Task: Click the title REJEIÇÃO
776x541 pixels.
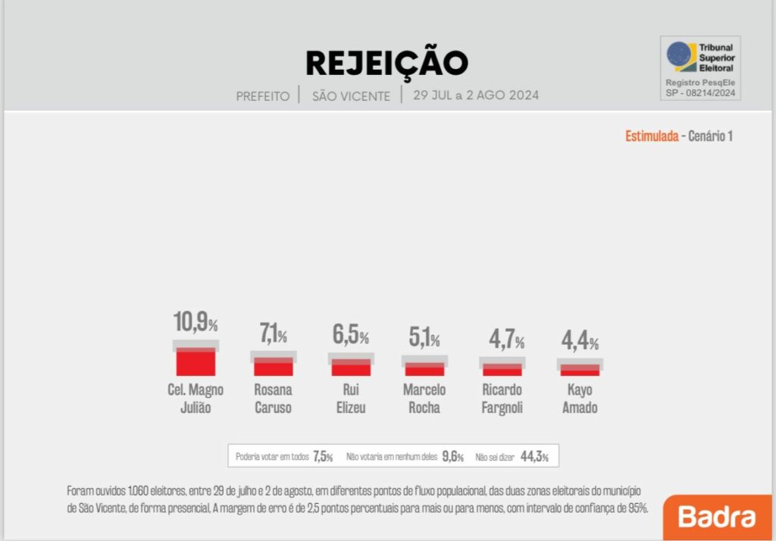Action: [386, 63]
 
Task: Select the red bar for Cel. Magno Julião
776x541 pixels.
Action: [196, 361]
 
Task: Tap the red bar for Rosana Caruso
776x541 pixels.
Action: [274, 367]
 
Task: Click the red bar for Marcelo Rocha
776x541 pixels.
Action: [424, 369]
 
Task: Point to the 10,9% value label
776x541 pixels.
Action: [196, 322]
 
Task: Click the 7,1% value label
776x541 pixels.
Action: [274, 333]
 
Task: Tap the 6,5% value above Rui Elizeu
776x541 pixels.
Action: [351, 334]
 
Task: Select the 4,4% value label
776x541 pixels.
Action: [580, 341]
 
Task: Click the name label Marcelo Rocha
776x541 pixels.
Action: [424, 399]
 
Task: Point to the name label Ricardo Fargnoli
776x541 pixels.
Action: [502, 399]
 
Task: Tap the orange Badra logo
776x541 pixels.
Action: [717, 518]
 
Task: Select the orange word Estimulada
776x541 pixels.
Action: [652, 136]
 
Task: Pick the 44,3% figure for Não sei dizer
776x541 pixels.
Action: [534, 456]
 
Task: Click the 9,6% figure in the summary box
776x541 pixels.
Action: [452, 456]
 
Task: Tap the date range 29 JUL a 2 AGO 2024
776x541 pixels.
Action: [476, 95]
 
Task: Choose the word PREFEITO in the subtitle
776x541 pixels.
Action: [263, 96]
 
